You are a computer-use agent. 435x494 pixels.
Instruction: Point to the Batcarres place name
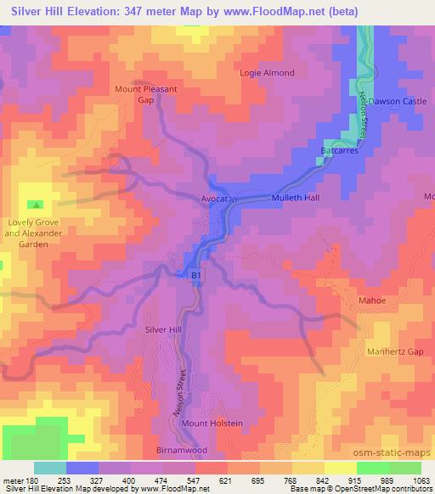pyautogui.click(x=342, y=149)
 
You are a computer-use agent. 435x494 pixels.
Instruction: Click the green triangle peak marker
pyautogui.click(x=36, y=205)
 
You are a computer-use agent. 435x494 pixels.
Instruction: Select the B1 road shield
pyautogui.click(x=196, y=276)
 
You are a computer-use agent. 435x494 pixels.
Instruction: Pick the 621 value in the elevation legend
pyautogui.click(x=226, y=481)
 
